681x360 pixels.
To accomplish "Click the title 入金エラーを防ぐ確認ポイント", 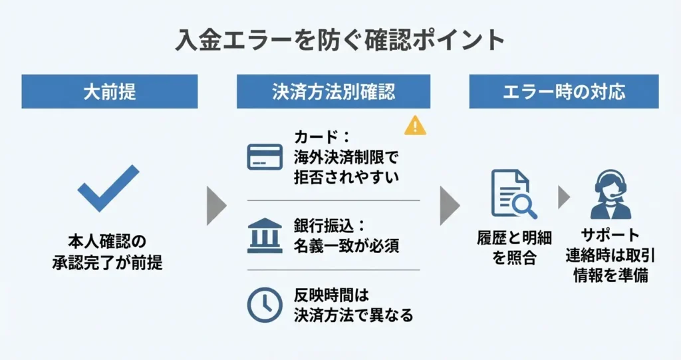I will [340, 41].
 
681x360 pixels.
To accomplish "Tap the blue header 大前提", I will [110, 91].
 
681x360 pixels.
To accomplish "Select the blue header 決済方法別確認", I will [333, 91].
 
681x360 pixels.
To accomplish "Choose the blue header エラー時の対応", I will [563, 91].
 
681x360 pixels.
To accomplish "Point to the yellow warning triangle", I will [415, 125].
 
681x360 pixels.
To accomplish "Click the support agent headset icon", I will [611, 194].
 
